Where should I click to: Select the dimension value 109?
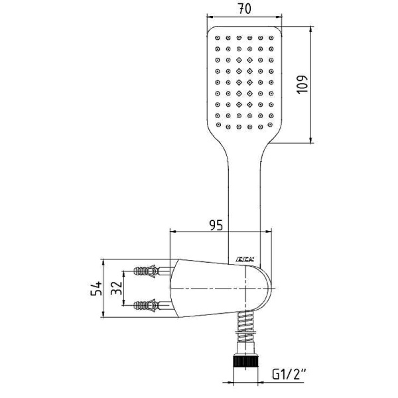302,85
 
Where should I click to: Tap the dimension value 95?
216,225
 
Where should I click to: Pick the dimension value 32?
117,288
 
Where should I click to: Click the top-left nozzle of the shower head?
218,38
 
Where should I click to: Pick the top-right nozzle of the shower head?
270,38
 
